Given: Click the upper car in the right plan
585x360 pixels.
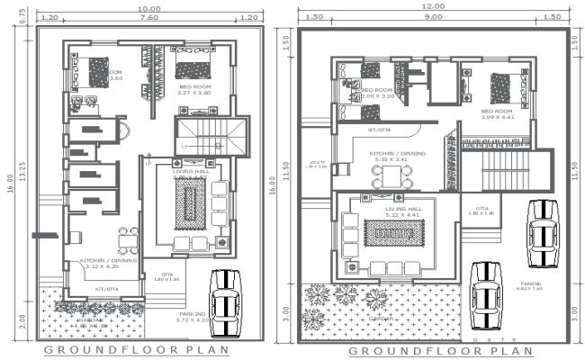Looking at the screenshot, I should tap(543, 229).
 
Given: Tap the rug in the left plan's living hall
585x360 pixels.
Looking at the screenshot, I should tap(190, 203).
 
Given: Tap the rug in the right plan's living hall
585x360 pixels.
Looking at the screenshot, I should tap(392, 232).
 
